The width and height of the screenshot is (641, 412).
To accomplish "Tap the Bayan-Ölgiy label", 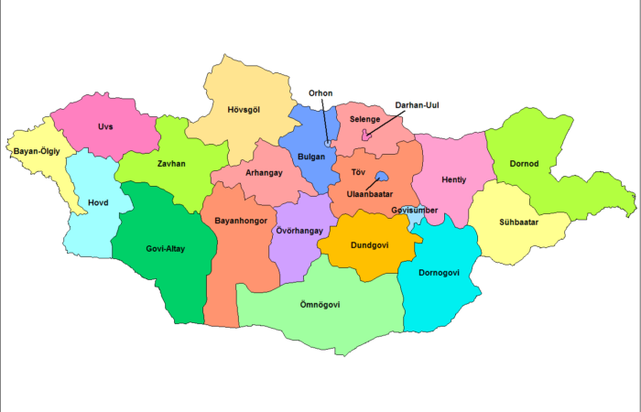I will (37, 150).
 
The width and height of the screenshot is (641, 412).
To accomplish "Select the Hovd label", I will (97, 202).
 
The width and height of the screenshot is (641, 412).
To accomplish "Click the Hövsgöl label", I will (243, 111).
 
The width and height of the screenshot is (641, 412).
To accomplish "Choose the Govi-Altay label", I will (165, 248).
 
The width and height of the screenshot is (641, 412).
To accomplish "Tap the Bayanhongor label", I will (239, 221).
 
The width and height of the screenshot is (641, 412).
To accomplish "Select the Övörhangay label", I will (299, 231).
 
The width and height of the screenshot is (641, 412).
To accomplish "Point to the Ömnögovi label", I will (320, 305).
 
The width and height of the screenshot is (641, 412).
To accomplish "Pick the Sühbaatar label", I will (519, 222).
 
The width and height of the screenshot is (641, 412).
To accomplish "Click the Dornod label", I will (525, 165).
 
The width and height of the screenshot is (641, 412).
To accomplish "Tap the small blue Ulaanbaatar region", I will (384, 178).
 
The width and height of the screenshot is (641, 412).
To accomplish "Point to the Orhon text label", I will (320, 92).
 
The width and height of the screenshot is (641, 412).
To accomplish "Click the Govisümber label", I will (414, 210).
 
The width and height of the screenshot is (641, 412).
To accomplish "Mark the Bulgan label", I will (310, 157).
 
